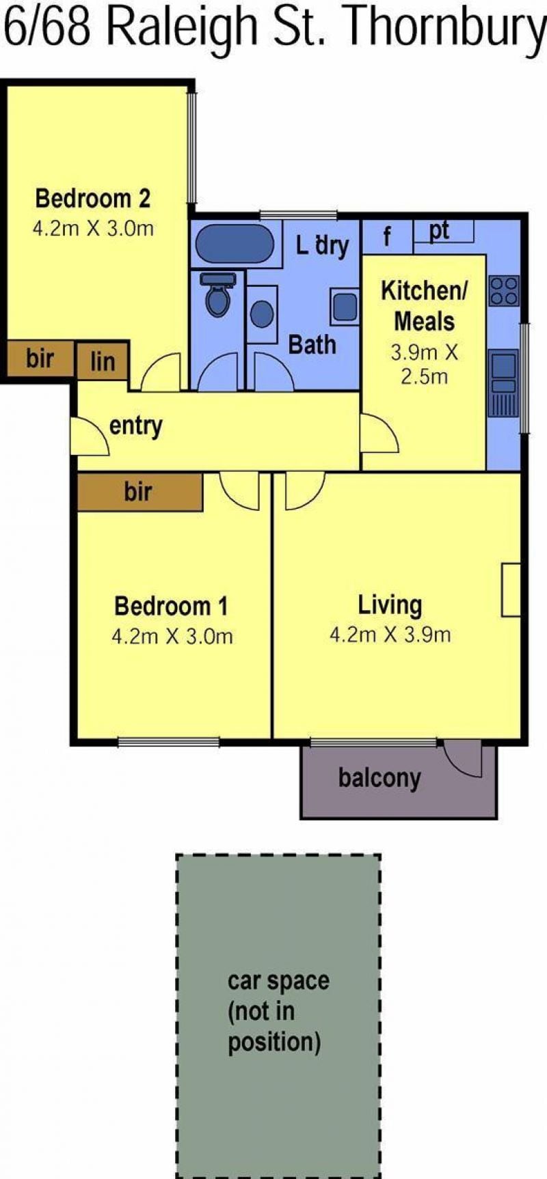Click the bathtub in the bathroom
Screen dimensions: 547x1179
235,243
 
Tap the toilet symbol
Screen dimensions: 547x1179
218,294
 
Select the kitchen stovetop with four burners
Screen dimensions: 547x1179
505,290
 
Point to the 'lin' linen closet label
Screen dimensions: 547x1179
103,361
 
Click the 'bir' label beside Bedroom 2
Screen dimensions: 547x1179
40,357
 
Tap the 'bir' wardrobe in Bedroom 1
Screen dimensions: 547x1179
140,492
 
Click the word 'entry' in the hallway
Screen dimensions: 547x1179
136,426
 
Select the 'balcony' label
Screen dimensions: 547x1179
379,778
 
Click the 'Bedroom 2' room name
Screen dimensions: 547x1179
92,198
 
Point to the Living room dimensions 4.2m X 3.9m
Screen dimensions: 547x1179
390,635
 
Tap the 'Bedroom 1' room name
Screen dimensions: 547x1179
171,606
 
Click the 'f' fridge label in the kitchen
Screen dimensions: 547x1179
387,237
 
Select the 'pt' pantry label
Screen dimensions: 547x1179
439,231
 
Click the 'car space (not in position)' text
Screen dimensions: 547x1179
278,1012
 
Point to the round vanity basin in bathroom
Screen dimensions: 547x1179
262,314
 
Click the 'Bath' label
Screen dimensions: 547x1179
312,345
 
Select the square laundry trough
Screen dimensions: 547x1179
345,306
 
